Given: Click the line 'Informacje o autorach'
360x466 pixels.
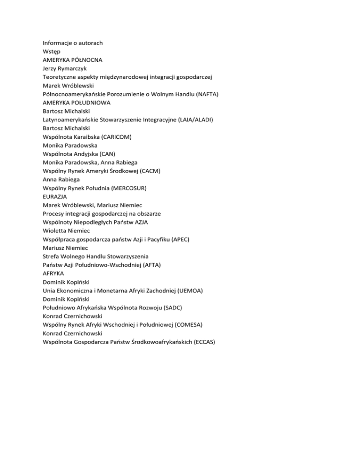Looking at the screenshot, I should click(73, 43).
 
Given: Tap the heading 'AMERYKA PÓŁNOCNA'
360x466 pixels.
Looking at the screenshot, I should click(73, 60).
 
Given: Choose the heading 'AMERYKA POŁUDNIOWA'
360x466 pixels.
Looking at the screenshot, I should click(76, 102).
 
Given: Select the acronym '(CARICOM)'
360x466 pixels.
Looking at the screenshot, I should click(115, 136).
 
